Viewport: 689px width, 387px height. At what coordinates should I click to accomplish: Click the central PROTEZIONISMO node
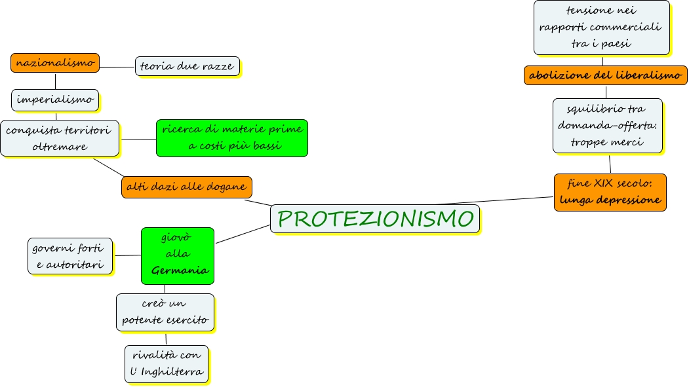pos(375,219)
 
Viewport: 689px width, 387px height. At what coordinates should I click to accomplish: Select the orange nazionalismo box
pos(55,63)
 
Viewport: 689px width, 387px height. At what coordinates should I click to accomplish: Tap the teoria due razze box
pos(187,66)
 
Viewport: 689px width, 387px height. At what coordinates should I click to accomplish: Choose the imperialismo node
pos(55,100)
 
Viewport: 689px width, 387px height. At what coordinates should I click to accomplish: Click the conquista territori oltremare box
pos(60,138)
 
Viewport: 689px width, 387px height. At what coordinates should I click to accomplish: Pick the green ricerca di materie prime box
pos(232,138)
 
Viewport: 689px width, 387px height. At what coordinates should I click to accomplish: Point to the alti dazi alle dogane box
pos(187,187)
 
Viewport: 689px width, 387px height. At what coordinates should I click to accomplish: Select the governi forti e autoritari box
pos(70,255)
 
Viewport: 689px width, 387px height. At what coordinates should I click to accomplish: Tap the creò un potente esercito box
pos(165,312)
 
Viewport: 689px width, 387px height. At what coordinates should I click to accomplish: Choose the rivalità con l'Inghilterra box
pos(167,363)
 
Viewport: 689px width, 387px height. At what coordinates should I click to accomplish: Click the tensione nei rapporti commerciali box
pos(601,28)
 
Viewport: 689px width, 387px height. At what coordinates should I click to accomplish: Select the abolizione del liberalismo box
pos(605,75)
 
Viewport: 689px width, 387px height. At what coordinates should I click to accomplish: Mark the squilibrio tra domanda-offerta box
pos(607,125)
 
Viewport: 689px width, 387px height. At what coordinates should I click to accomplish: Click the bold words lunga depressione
pos(610,200)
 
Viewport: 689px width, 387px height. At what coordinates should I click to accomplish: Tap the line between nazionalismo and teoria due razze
pos(117,67)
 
